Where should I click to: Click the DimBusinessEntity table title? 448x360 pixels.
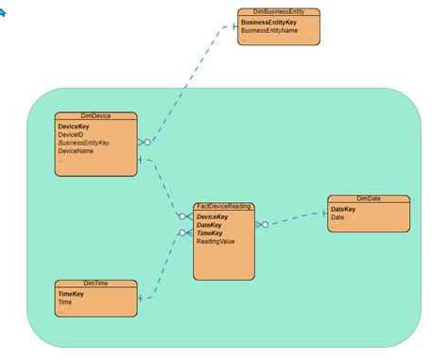click(x=278, y=11)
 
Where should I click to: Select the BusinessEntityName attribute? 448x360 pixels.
click(x=269, y=30)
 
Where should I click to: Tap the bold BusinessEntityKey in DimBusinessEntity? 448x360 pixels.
click(x=269, y=21)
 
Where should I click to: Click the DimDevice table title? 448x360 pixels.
click(x=96, y=116)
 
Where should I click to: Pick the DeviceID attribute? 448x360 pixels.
click(x=71, y=134)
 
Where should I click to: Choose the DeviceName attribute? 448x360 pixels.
click(x=76, y=151)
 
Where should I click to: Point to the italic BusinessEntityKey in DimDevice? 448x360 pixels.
click(x=84, y=143)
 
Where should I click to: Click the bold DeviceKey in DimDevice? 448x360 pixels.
click(x=74, y=126)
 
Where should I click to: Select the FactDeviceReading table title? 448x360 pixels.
click(x=224, y=206)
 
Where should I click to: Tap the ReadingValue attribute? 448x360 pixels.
click(x=215, y=242)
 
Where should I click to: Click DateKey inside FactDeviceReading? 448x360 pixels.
click(x=210, y=225)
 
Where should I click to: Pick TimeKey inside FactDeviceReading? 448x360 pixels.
click(x=210, y=233)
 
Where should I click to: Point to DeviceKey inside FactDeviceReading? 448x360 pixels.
click(x=213, y=216)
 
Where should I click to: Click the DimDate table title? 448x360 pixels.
click(x=369, y=198)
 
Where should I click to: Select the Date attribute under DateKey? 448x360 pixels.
click(x=337, y=217)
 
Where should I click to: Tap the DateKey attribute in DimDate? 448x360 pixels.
click(x=343, y=209)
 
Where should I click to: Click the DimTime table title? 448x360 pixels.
click(x=96, y=283)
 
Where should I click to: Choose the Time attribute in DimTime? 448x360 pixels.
click(x=65, y=302)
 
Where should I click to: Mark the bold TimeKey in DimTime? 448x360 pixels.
click(x=72, y=294)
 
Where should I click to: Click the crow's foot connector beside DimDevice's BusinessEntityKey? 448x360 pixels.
click(x=143, y=143)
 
